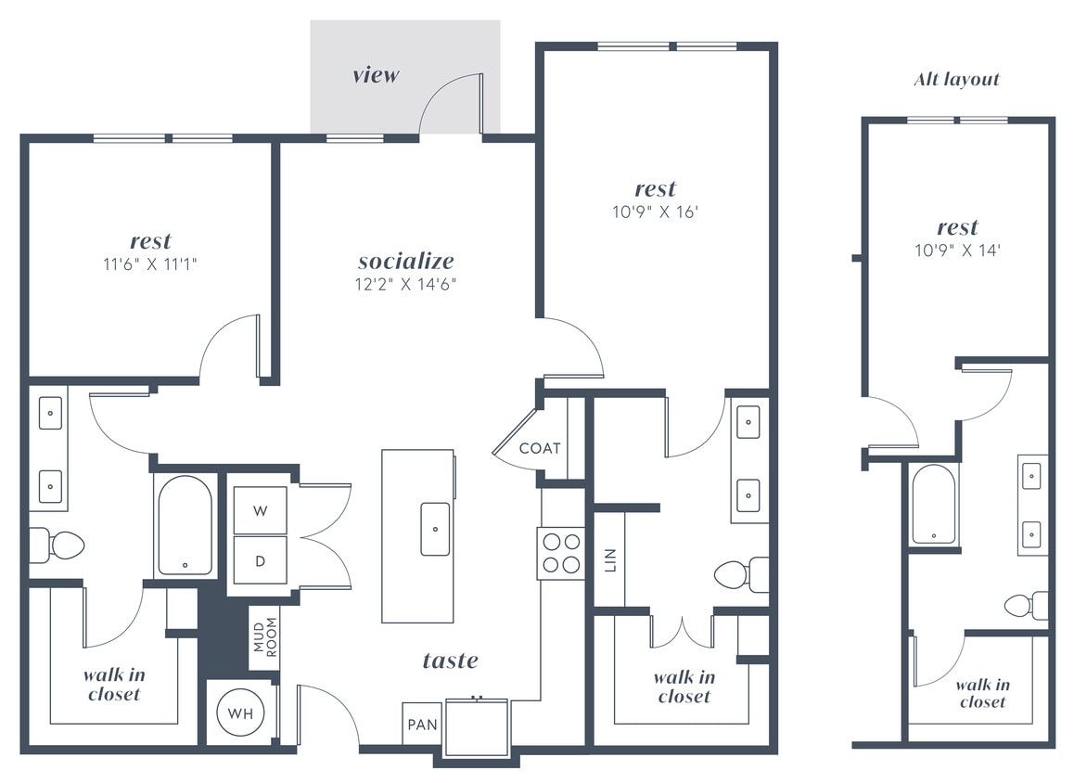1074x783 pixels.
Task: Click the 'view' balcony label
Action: click(x=376, y=75)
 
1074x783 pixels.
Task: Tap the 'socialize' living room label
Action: click(x=406, y=261)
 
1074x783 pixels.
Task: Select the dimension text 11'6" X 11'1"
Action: click(x=150, y=264)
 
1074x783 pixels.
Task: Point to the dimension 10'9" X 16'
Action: click(x=656, y=212)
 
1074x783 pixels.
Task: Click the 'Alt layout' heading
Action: click(x=956, y=80)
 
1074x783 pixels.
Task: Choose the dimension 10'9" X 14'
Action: click(x=957, y=250)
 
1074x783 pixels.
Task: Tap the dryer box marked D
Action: click(x=260, y=560)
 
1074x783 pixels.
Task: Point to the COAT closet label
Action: click(x=540, y=448)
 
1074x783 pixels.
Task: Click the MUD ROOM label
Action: click(x=264, y=637)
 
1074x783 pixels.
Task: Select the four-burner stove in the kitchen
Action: click(x=561, y=553)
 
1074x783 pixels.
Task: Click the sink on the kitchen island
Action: click(x=435, y=529)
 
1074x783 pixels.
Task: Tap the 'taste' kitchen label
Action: click(x=451, y=660)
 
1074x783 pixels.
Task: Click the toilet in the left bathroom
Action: click(x=59, y=545)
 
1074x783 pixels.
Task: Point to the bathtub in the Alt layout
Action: click(x=932, y=503)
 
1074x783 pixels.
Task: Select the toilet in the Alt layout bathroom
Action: click(x=1027, y=606)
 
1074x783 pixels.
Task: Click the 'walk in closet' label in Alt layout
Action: click(x=982, y=693)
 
